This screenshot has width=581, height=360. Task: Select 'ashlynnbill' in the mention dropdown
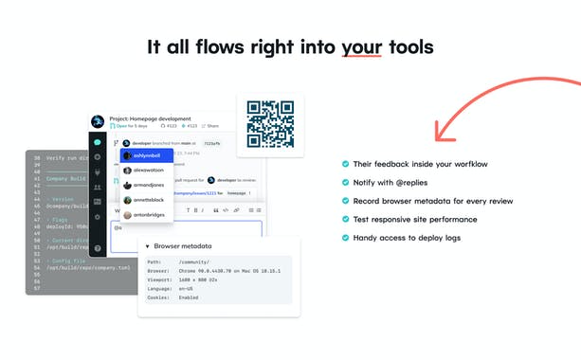[147, 154]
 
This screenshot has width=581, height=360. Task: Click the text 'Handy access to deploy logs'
[407, 237]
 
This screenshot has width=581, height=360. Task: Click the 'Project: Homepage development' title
[156, 117]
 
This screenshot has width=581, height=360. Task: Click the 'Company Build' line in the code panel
[66, 177]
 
